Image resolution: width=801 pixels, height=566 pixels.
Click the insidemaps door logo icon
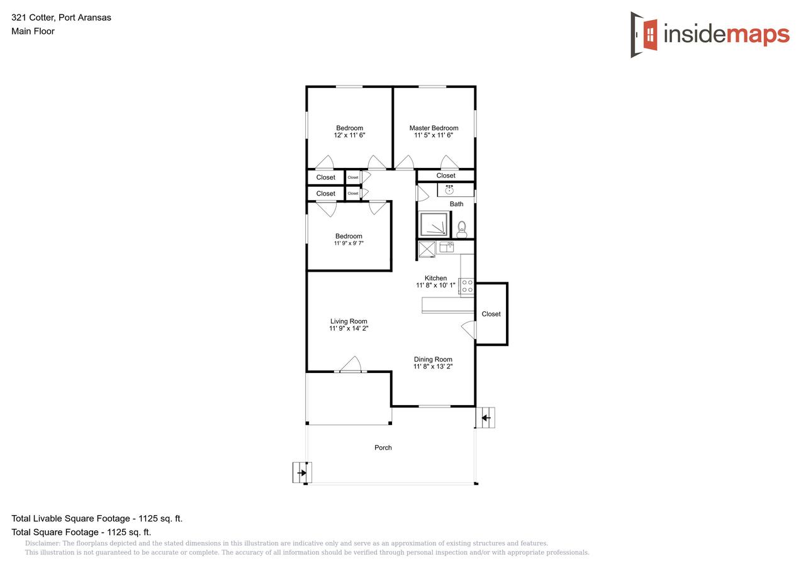coord(644,35)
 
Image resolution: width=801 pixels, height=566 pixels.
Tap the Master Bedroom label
coord(434,128)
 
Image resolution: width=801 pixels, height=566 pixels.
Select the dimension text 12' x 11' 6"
coord(349,135)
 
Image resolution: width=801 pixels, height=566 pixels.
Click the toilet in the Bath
coord(462,229)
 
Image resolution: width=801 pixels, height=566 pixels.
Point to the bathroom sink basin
coord(449,189)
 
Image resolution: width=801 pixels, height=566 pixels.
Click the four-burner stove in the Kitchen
coord(467,287)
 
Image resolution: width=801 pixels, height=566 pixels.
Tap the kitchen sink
coord(447,247)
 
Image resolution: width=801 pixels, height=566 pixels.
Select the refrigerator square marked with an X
coord(427,250)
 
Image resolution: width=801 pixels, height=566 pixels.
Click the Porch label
coord(383,448)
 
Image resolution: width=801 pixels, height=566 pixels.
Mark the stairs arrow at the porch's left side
coord(302,472)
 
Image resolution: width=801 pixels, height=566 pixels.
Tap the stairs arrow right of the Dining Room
coord(486,418)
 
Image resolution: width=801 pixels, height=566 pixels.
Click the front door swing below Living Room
coord(350,365)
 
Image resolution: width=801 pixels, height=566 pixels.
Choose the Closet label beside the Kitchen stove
coord(491,314)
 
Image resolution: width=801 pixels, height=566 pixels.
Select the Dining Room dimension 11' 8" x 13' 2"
coord(433,366)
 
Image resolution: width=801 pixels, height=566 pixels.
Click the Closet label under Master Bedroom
coord(445,175)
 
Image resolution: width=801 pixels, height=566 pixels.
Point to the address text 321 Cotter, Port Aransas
coord(61,18)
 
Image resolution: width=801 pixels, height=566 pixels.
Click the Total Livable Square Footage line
coord(97,519)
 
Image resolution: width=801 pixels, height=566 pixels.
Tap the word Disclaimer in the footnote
coord(42,543)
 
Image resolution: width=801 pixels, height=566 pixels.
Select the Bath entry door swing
coord(422,192)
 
